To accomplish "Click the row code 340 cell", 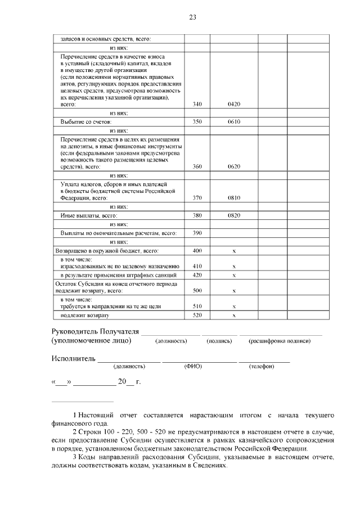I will point(197,104).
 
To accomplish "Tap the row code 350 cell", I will point(197,121).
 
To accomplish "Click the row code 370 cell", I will point(197,198).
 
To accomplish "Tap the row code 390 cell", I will point(197,233).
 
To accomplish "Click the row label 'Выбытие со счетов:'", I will point(86,121).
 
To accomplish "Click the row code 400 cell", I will point(197,250).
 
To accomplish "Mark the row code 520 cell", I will point(197,316).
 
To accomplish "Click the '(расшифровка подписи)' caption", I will point(281,341).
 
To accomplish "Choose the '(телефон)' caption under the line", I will point(261,367).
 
